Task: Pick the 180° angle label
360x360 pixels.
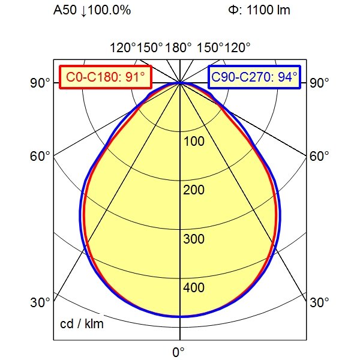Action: point(180,47)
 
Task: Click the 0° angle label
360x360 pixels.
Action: point(179,351)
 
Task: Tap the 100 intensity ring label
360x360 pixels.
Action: point(193,142)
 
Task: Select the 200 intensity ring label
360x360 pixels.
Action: point(193,190)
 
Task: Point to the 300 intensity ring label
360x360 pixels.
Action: point(193,239)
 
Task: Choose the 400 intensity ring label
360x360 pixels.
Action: point(193,288)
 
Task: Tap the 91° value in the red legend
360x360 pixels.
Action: point(134,77)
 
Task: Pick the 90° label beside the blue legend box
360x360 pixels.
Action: point(320,83)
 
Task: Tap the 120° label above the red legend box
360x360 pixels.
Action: point(122,47)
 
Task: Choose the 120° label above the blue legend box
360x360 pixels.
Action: point(238,47)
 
